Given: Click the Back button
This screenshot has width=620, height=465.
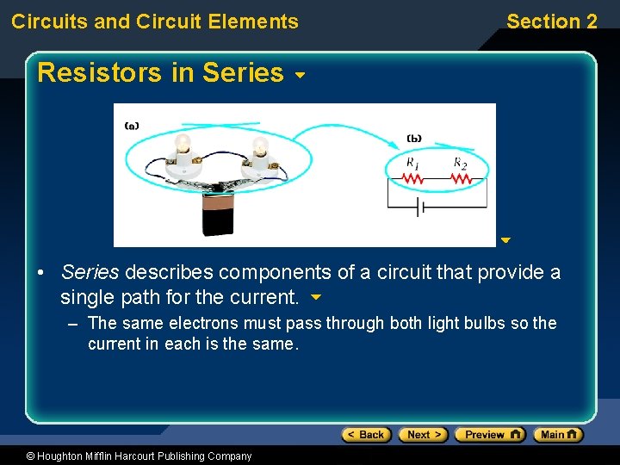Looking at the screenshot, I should pyautogui.click(x=366, y=435).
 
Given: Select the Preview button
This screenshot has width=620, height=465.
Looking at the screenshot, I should pyautogui.click(x=489, y=435).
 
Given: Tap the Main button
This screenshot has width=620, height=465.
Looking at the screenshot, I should pyautogui.click(x=557, y=435).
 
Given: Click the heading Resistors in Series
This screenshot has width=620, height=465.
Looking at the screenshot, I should pyautogui.click(x=160, y=73).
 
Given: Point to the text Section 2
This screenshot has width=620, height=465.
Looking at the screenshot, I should pyautogui.click(x=551, y=22).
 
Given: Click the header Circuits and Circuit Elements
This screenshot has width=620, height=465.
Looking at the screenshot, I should pyautogui.click(x=155, y=22).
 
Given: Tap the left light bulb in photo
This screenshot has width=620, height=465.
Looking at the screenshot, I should pyautogui.click(x=183, y=146).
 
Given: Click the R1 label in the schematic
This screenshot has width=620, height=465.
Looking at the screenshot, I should pyautogui.click(x=413, y=163).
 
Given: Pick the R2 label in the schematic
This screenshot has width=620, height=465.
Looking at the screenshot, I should pyautogui.click(x=461, y=163).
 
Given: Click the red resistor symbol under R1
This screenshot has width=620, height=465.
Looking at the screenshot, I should pyautogui.click(x=413, y=179).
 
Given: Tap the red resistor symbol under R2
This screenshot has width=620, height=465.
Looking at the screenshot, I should pyautogui.click(x=462, y=179).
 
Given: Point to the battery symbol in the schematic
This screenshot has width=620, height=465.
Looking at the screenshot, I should pyautogui.click(x=418, y=208).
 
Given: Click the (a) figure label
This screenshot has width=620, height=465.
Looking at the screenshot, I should pyautogui.click(x=132, y=126).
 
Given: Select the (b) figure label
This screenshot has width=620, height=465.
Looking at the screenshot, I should pyautogui.click(x=413, y=138).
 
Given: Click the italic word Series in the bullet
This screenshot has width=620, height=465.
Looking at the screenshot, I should pyautogui.click(x=90, y=273).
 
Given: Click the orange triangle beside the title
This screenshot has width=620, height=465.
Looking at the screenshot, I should pyautogui.click(x=300, y=76).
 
